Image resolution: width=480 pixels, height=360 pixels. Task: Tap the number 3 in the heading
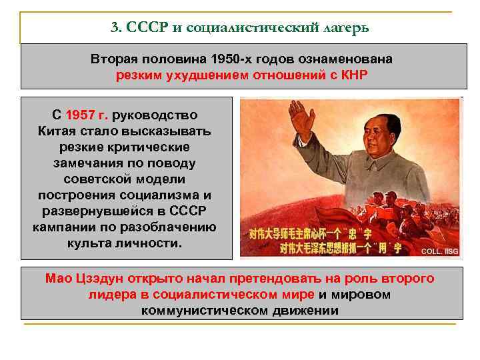pos(115,28)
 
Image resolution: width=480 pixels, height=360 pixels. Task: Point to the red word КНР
pos(353,75)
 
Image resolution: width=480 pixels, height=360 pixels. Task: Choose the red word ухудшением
pos(211,75)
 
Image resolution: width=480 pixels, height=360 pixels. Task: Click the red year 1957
pos(83,115)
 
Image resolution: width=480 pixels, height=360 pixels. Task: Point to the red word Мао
pos(58,278)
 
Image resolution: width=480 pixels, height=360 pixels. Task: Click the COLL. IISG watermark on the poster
pos(439,251)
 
